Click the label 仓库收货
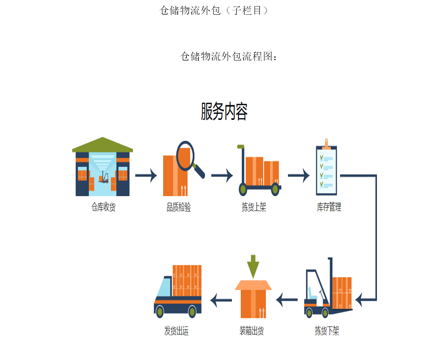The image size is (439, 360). pos(103,207)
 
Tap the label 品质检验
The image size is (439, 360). pos(179,207)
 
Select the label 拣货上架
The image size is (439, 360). pos(254,207)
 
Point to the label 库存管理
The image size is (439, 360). pos(329,207)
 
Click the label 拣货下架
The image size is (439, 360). pos(327,331)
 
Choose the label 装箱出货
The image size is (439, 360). pos(252,331)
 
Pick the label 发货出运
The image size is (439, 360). pos(176,331)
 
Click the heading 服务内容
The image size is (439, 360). pos(224,112)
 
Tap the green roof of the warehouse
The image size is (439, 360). pos(103,145)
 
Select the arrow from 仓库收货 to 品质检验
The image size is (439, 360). pos(146,176)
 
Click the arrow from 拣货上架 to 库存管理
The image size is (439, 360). pos(299,176)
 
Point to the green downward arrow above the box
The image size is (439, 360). pos(253,267)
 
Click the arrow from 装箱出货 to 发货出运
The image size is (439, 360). pos(221,300)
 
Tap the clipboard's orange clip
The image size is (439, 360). pos(326,143)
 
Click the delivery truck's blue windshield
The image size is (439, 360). pos(164,287)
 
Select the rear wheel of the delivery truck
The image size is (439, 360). pos(192,311)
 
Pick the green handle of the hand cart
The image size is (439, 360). pos(241,147)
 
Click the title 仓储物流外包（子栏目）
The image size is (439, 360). pos(214,10)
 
